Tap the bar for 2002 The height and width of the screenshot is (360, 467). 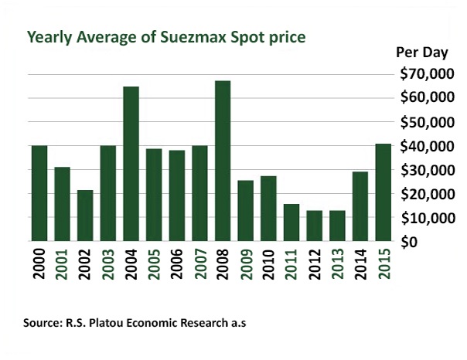click(85, 216)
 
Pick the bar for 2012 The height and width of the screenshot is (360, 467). click(314, 226)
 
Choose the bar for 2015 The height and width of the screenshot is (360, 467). click(382, 193)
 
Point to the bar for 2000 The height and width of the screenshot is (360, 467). click(39, 193)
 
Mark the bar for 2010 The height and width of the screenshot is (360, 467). click(268, 209)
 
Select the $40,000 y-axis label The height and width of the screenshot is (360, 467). click(423, 146)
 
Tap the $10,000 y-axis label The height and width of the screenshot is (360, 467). click(423, 218)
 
